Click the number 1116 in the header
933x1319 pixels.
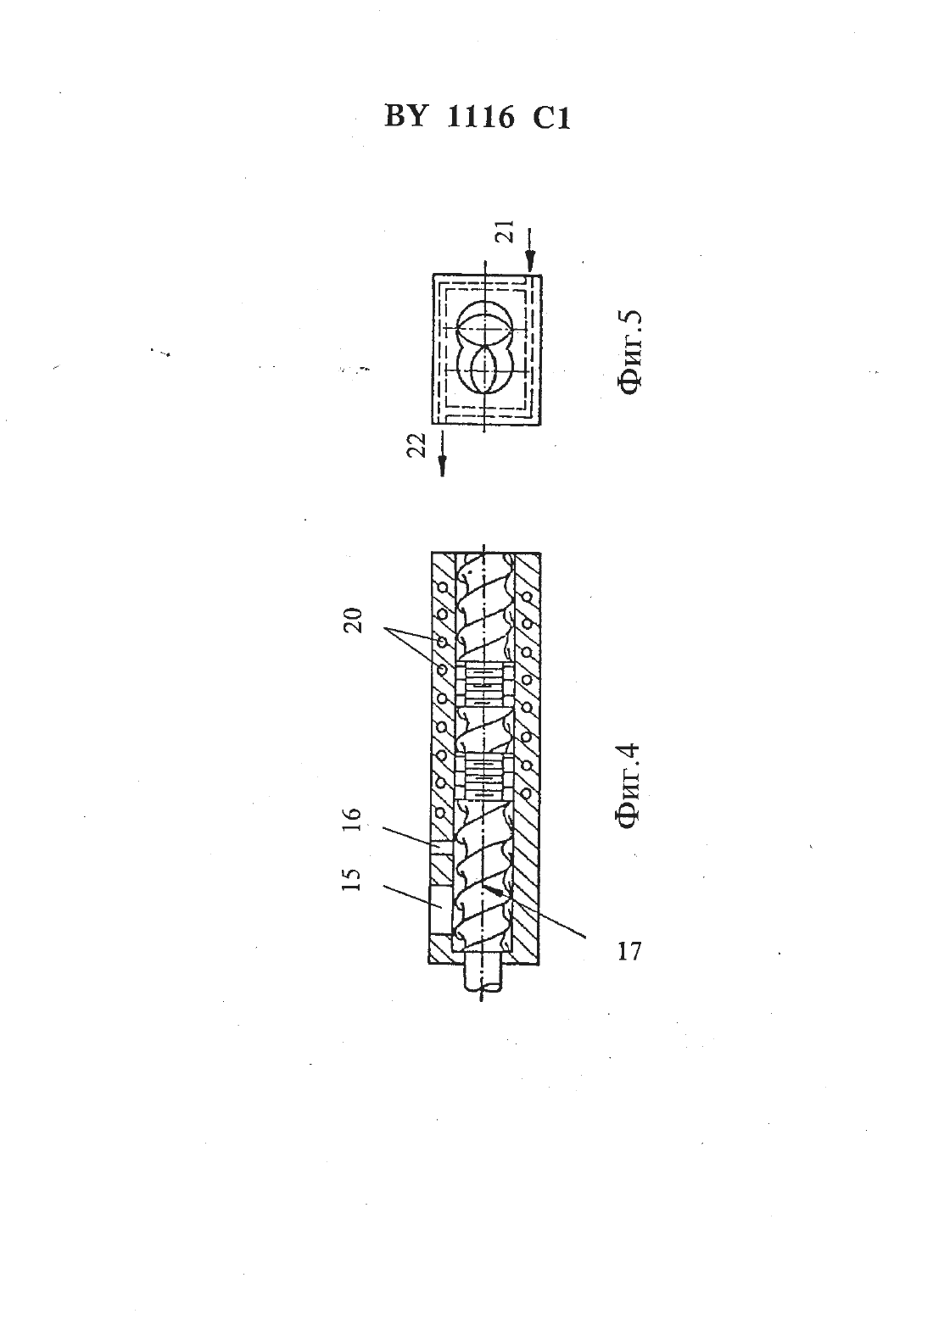pos(480,117)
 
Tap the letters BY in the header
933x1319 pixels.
pos(405,117)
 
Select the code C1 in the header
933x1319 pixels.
pos(551,118)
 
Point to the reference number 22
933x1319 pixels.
pos(417,444)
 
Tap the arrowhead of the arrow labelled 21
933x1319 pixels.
pos(530,261)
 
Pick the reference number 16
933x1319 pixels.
pos(350,819)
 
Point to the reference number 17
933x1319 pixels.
pos(629,951)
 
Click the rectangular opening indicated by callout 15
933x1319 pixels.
pos(439,910)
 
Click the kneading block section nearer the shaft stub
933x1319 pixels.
pos(483,776)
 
